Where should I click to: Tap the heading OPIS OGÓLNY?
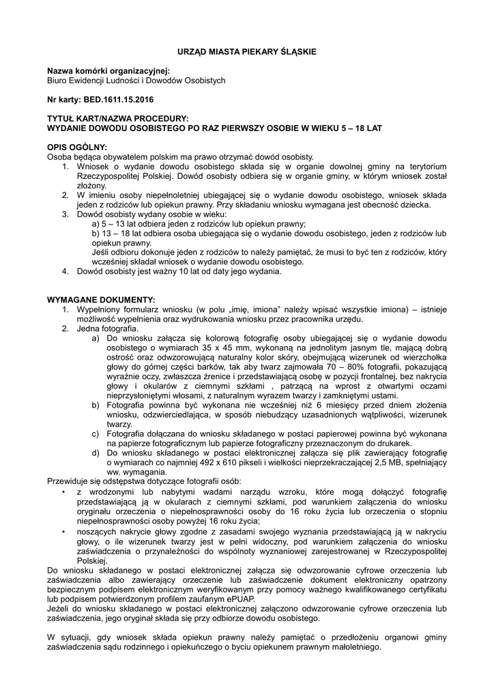click(x=76, y=147)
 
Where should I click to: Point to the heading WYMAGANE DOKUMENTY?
click(x=101, y=300)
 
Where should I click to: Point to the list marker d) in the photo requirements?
click(x=96, y=453)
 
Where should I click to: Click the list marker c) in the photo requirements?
click(x=96, y=433)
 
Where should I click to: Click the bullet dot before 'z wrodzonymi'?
click(x=63, y=491)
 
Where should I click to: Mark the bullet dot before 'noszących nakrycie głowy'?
click(x=63, y=530)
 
